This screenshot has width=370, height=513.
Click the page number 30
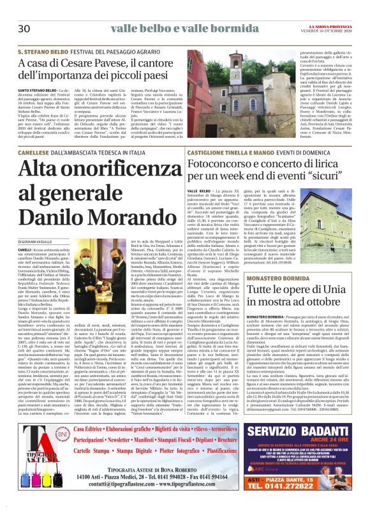[x=25, y=29]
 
